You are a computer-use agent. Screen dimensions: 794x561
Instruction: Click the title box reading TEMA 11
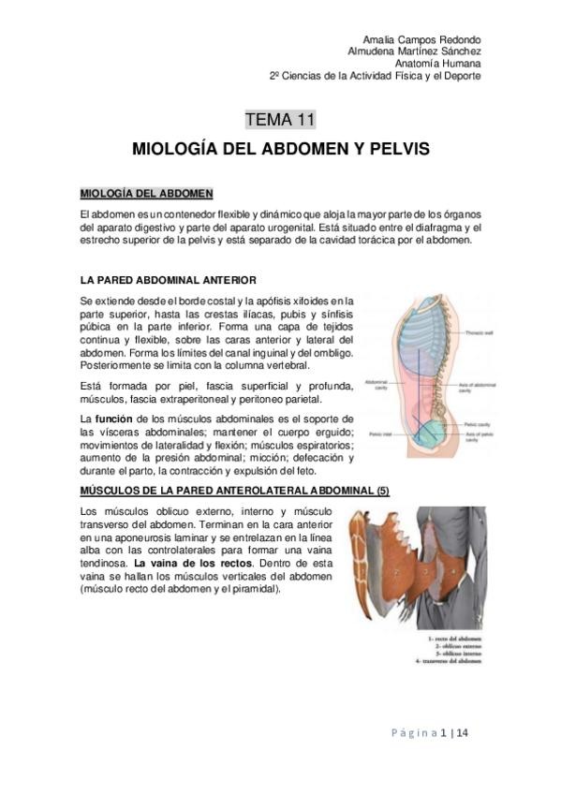point(280,119)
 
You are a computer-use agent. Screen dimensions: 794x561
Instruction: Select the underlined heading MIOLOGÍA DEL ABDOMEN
point(147,194)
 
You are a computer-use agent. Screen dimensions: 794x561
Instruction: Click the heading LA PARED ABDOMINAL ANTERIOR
point(163,280)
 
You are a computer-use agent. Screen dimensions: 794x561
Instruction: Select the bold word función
point(117,418)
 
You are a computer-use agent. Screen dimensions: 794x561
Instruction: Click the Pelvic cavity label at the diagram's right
point(476,425)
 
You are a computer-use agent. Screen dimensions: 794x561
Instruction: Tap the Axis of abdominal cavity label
point(479,385)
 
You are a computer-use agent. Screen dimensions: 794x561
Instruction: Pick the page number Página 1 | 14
point(438,732)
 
